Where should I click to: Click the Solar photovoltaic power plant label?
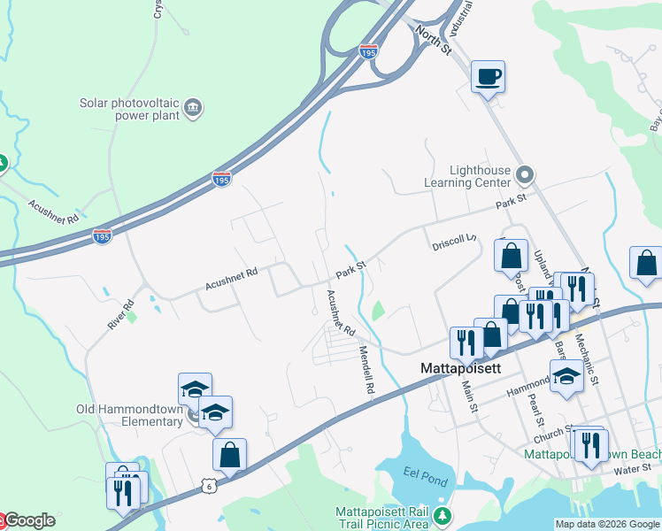pyautogui.click(x=130, y=108)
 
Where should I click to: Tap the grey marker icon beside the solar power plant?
pyautogui.click(x=193, y=109)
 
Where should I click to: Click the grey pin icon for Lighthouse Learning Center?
pyautogui.click(x=524, y=173)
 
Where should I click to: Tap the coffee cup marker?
pyautogui.click(x=487, y=76)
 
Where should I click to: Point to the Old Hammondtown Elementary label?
pyautogui.click(x=129, y=415)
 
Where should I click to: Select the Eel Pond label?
pyautogui.click(x=420, y=472)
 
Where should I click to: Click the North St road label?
pyautogui.click(x=433, y=40)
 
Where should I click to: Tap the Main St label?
pyautogui.click(x=470, y=396)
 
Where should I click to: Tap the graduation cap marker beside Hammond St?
pyautogui.click(x=566, y=374)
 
